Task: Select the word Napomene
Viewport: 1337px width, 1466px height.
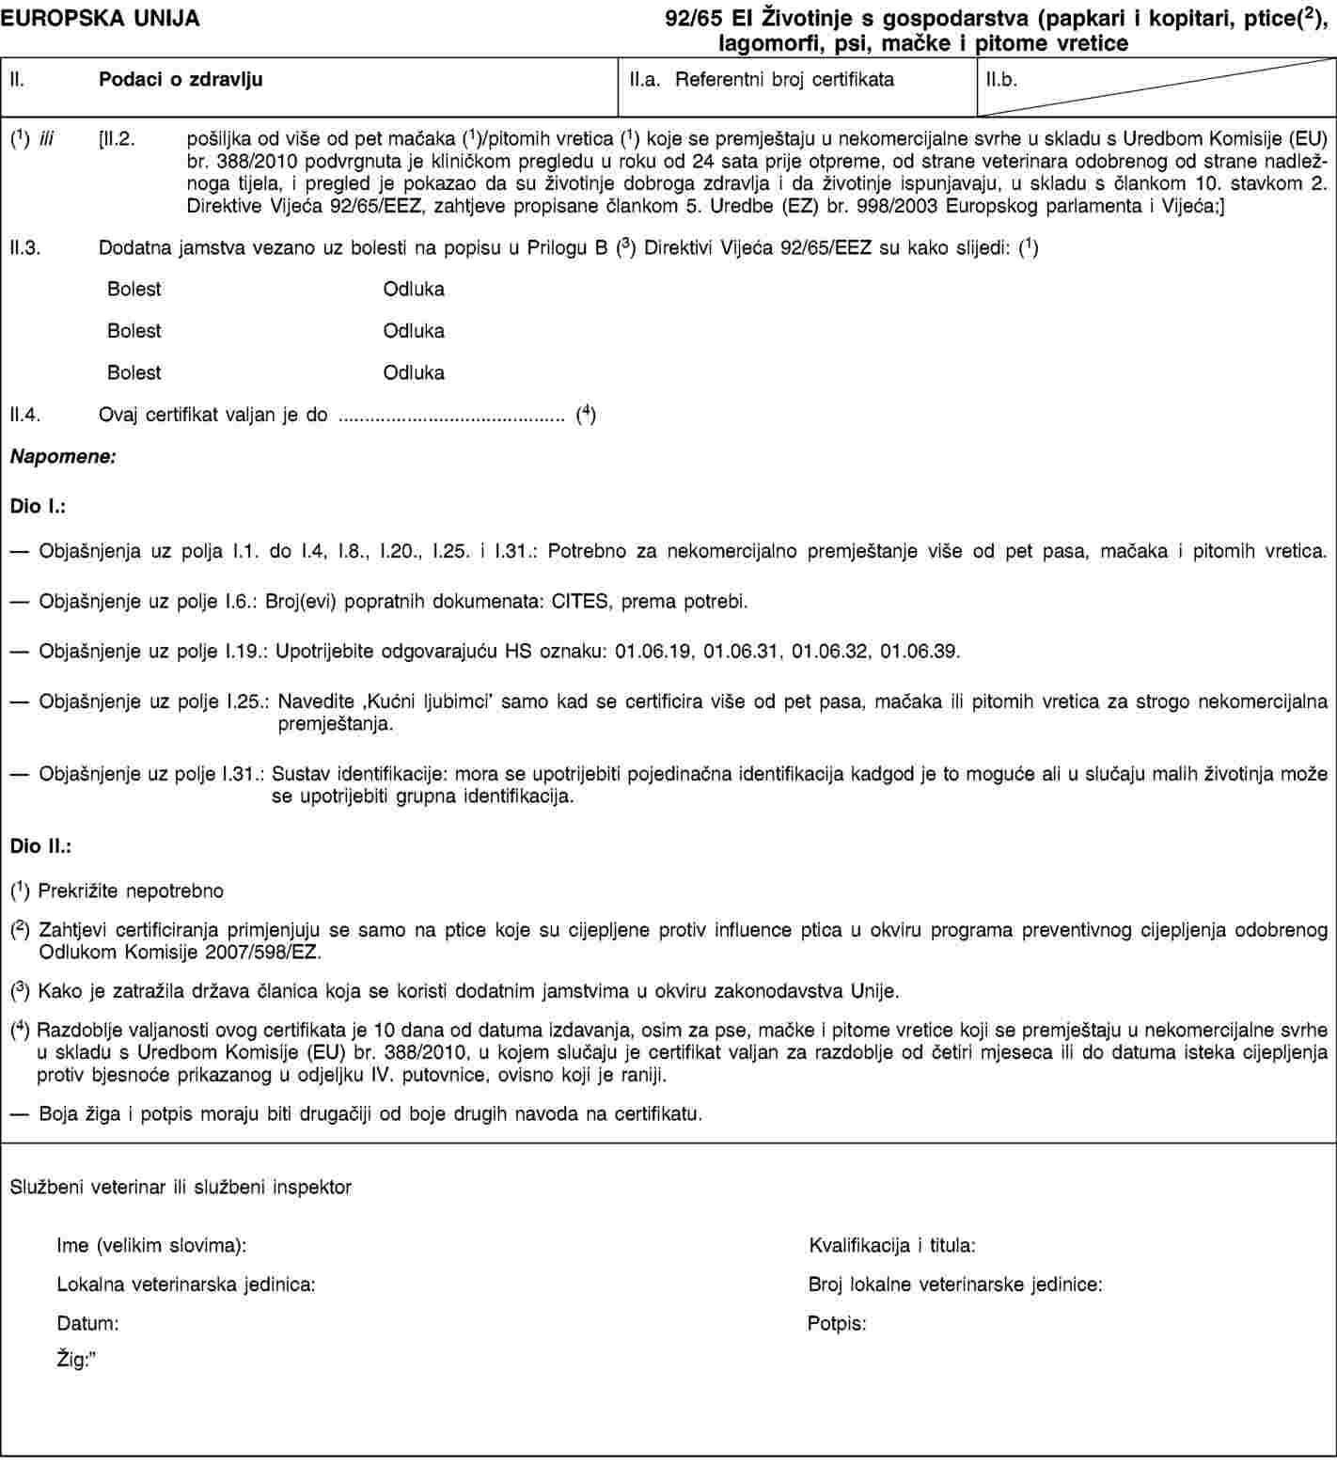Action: point(63,457)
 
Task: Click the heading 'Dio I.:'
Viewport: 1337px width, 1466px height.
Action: point(38,507)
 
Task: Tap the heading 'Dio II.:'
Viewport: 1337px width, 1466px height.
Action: point(41,846)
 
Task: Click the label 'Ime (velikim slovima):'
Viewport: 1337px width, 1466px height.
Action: point(152,1246)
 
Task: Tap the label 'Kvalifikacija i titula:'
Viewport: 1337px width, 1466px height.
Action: point(891,1246)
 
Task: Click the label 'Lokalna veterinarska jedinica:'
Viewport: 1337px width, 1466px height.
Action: point(186,1284)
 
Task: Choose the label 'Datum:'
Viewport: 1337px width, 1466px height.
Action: point(87,1323)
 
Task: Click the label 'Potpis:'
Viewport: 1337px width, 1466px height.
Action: point(837,1323)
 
